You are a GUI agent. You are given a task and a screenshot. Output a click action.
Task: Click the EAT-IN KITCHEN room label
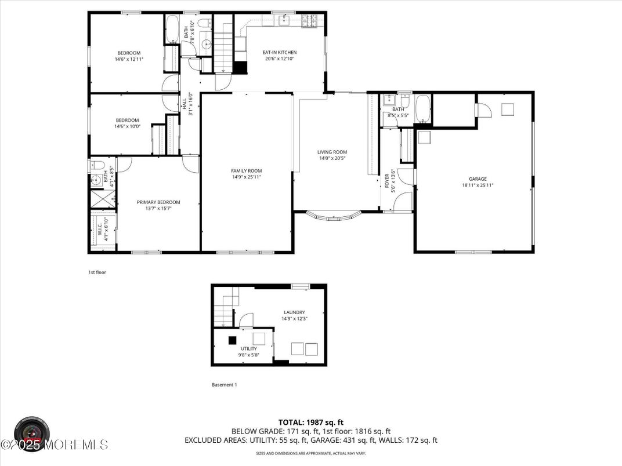281,52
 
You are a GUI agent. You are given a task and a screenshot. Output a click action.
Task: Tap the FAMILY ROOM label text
246,170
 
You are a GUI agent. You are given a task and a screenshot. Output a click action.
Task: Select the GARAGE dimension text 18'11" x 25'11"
478,185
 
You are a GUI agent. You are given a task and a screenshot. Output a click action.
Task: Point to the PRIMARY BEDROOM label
158,202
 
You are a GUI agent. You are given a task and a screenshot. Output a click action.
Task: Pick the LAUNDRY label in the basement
294,312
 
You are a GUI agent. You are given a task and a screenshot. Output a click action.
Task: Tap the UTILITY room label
248,348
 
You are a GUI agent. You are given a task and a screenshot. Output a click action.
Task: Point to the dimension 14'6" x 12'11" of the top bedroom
128,59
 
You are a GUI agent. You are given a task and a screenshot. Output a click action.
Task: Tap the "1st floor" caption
97,272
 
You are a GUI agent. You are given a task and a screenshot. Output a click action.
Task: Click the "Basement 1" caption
224,384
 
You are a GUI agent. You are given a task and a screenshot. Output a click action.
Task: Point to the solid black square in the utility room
232,340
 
